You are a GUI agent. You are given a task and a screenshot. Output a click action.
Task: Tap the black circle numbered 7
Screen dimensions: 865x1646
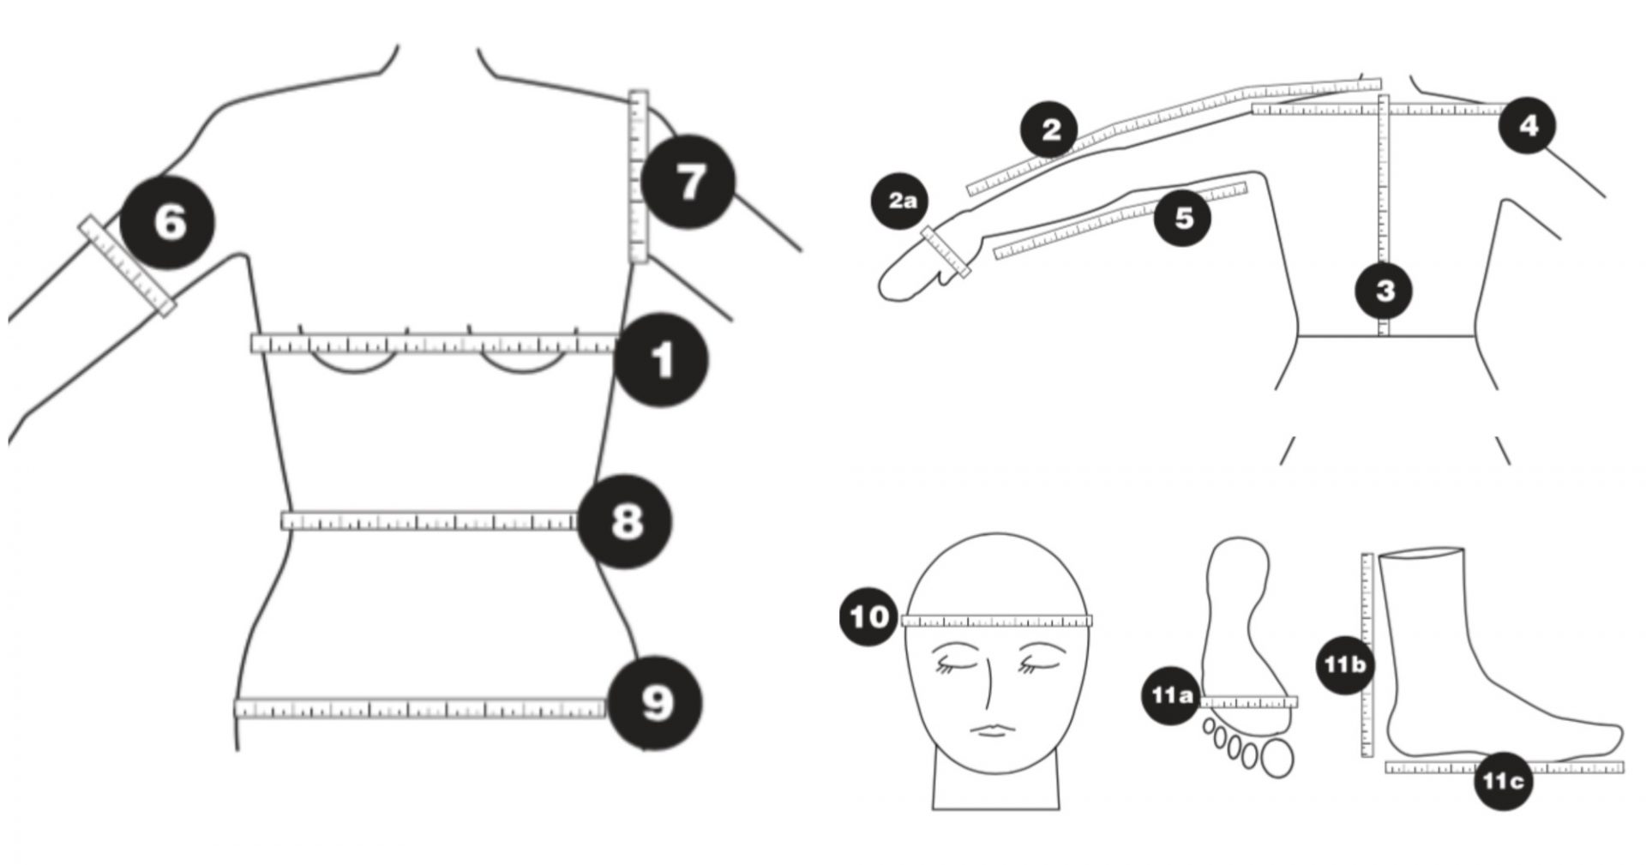pos(688,182)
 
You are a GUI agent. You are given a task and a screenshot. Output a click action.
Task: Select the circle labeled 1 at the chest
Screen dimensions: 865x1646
pos(661,361)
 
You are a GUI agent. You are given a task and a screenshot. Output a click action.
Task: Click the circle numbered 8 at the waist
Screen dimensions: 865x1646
pos(625,520)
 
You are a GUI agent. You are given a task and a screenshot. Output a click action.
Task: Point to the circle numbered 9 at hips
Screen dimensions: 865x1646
pos(656,703)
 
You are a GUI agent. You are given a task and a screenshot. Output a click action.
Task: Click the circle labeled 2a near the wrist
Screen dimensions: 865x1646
pos(902,202)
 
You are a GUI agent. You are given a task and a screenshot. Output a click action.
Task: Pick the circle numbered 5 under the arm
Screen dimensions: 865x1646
pos(1183,217)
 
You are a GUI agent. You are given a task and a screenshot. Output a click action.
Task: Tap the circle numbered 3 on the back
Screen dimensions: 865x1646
pos(1384,291)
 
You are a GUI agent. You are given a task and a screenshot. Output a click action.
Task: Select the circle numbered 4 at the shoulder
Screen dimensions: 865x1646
pos(1528,126)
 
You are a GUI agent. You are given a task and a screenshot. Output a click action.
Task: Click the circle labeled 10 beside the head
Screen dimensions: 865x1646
pos(869,616)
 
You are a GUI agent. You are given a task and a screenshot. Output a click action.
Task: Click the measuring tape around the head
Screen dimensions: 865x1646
pos(997,622)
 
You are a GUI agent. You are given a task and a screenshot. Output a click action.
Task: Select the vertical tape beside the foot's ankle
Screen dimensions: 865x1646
pos(1367,656)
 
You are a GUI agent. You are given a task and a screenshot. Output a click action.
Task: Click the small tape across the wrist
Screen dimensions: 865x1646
pos(945,251)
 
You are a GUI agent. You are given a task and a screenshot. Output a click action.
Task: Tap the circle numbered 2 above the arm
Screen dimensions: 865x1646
pos(1050,130)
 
